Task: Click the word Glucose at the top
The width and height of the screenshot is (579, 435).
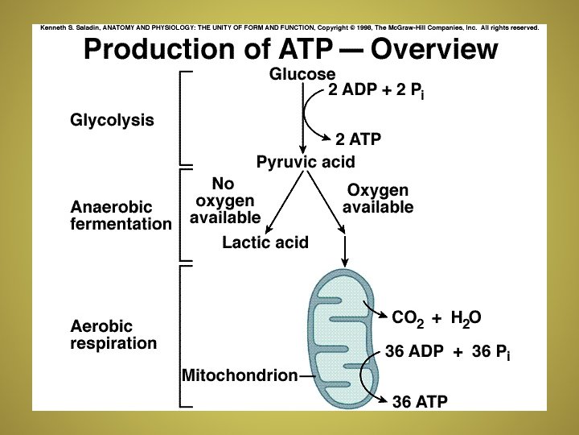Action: (302, 73)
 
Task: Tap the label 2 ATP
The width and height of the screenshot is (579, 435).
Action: (358, 139)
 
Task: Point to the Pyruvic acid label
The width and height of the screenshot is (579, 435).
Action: (306, 162)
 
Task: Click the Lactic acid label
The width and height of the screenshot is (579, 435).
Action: (265, 242)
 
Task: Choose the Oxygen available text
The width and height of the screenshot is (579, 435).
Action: (378, 199)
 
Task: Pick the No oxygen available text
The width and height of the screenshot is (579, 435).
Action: (225, 201)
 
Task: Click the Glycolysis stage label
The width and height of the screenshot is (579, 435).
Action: (112, 121)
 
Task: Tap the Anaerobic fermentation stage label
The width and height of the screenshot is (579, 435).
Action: (121, 215)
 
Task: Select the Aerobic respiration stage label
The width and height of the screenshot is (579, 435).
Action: (113, 335)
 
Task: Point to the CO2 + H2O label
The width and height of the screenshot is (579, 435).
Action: (436, 317)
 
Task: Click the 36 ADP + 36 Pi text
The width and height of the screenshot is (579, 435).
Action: (448, 353)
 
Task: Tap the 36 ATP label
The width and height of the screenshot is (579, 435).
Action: (420, 400)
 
